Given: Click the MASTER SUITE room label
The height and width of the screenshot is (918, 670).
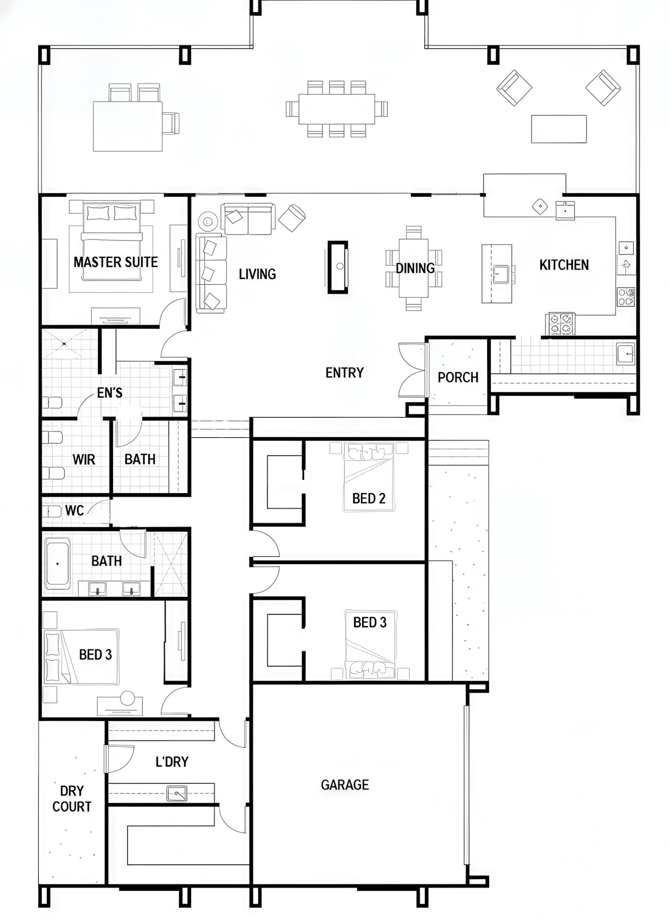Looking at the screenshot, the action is coord(116,262).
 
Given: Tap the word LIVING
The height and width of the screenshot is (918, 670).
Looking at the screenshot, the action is coord(257,274).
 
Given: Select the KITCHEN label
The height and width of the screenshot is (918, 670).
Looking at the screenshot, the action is coord(564,265).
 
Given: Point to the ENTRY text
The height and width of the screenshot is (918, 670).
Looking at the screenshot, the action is coord(345,373).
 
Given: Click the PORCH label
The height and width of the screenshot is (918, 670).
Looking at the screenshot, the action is coord(458,377).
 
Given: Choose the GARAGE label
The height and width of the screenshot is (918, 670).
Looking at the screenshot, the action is coord(345,785).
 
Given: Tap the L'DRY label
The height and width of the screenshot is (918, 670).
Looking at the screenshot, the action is coord(172,762).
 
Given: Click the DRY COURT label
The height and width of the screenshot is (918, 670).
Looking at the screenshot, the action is coord(72,799).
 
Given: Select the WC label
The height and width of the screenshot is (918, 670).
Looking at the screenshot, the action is coord(74,511).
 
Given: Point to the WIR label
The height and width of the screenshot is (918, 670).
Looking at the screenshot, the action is coord(84,460).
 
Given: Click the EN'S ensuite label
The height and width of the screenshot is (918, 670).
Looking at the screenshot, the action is coord(110,393).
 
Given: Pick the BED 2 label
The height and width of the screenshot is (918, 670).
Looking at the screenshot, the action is coord(368,498).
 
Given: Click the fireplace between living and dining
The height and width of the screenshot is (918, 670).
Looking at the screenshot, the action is coord(338,266).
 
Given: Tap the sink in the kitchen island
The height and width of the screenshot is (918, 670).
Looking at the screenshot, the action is coord(501,275).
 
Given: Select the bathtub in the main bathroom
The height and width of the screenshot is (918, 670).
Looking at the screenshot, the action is coord(57,563).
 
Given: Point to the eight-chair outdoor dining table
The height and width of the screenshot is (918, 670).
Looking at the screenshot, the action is coord(337,109).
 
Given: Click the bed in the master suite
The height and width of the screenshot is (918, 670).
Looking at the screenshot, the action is coord(113,242).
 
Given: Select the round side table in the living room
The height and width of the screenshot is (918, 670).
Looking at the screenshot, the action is coord(208,221).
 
